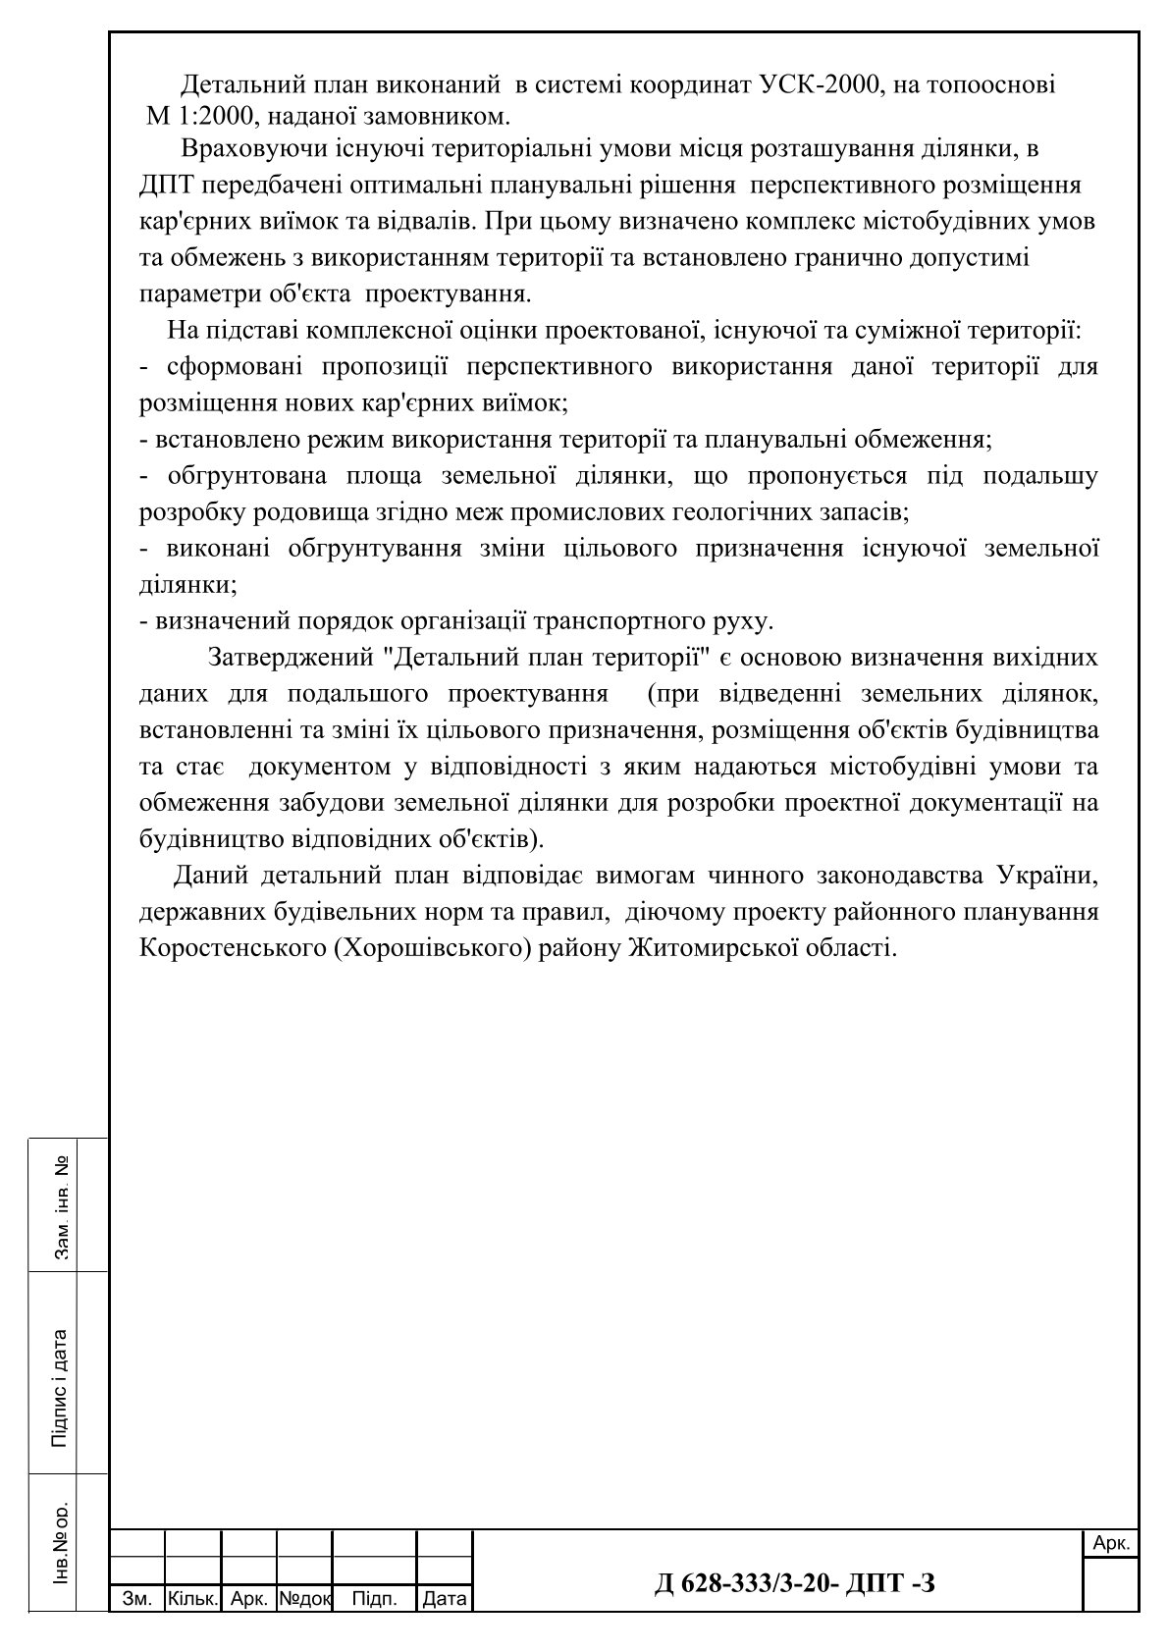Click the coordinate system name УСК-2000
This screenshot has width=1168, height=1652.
pos(818,85)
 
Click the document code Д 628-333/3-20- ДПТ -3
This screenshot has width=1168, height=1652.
pos(794,1581)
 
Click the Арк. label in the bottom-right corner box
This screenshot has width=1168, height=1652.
pos(1111,1544)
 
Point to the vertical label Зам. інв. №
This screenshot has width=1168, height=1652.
pos(63,1206)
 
